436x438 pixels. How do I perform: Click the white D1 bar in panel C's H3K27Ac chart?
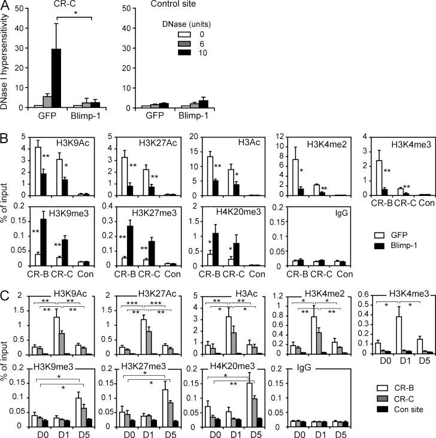point(143,336)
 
